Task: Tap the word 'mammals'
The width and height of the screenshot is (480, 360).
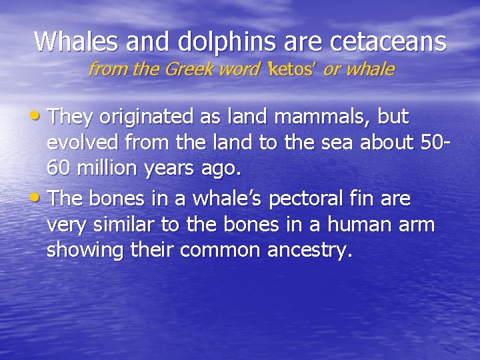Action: click(320, 117)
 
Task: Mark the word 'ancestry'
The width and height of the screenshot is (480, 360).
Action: click(305, 251)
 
